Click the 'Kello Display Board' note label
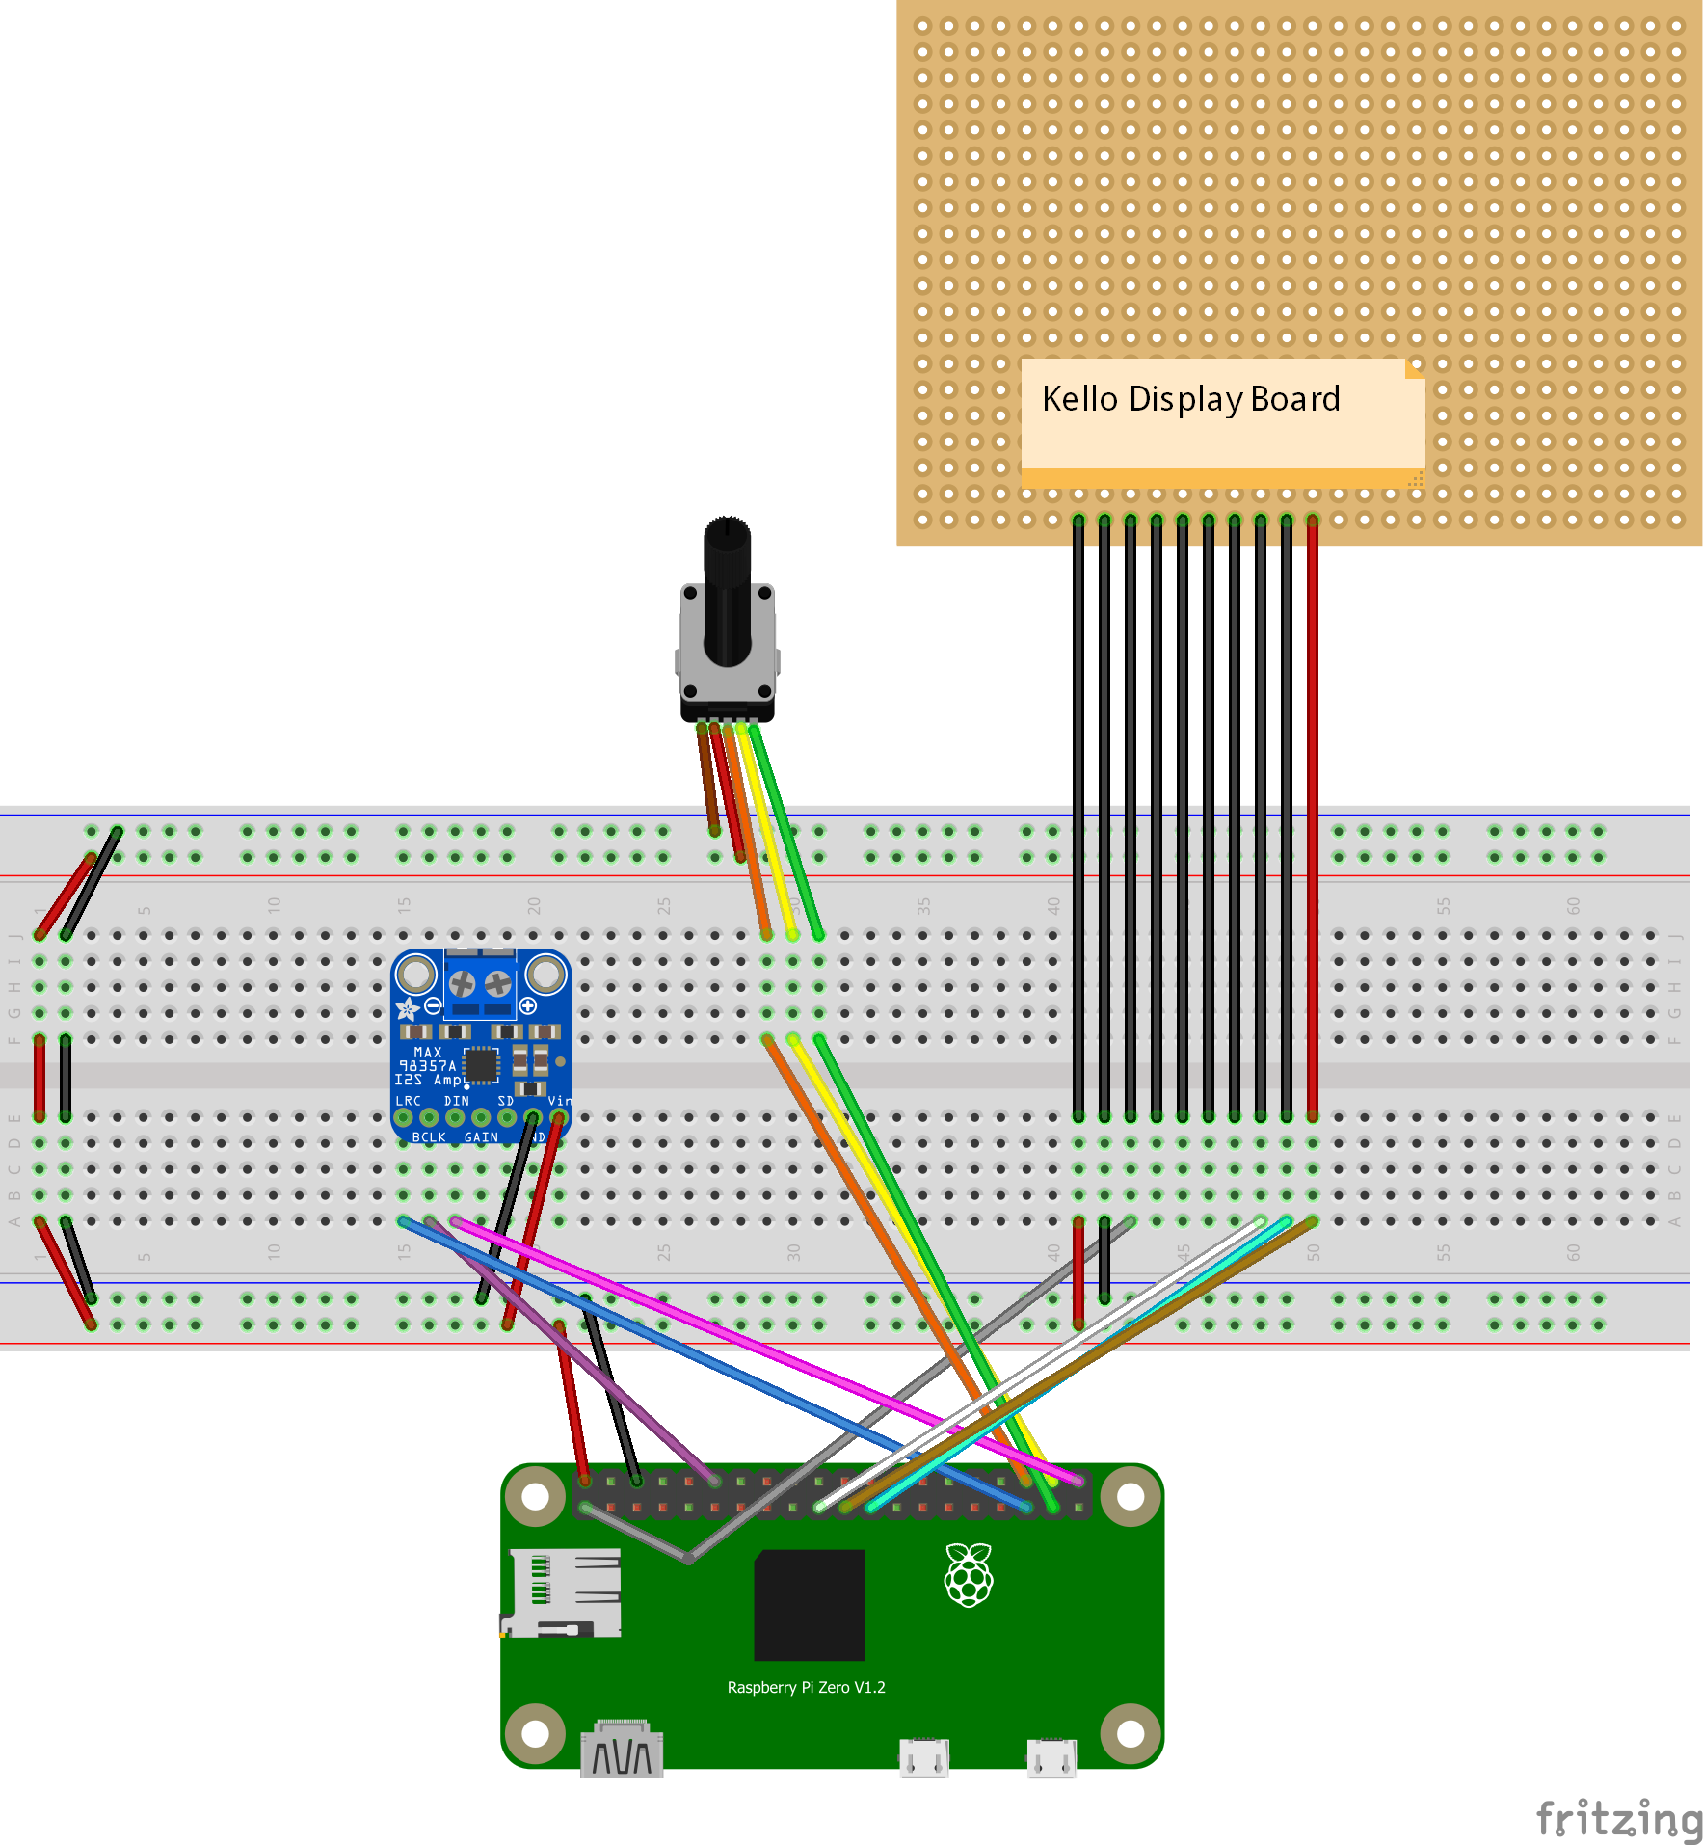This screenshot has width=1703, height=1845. coord(1191,399)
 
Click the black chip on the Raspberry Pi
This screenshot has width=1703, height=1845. coord(809,1604)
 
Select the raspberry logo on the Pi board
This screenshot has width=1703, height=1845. coord(969,1574)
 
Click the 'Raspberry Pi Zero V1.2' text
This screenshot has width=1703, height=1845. coord(806,1687)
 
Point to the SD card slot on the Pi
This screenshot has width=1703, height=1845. coord(563,1592)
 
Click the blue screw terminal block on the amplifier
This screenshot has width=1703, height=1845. coord(480,984)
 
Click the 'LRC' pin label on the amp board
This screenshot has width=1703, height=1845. coord(408,1101)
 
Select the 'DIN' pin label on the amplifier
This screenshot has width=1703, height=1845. coord(456,1101)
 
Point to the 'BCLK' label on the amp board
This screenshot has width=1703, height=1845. coord(429,1137)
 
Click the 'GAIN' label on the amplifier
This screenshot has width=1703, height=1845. coord(481,1137)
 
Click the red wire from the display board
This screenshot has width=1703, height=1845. coord(1312,819)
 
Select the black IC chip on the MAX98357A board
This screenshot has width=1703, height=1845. coord(481,1065)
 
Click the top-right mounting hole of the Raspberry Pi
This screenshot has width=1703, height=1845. coord(1131,1497)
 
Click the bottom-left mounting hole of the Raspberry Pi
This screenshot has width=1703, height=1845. coord(535,1733)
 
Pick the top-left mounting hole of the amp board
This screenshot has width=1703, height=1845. coord(416,975)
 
